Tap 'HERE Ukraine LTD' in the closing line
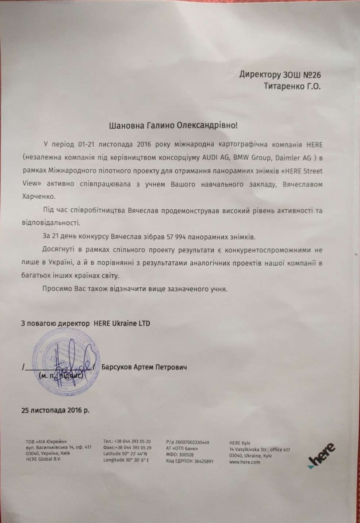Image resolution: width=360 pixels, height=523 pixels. click(122, 323)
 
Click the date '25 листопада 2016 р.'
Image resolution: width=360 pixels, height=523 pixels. click(55, 410)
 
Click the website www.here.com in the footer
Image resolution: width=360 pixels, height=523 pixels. click(245, 462)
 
